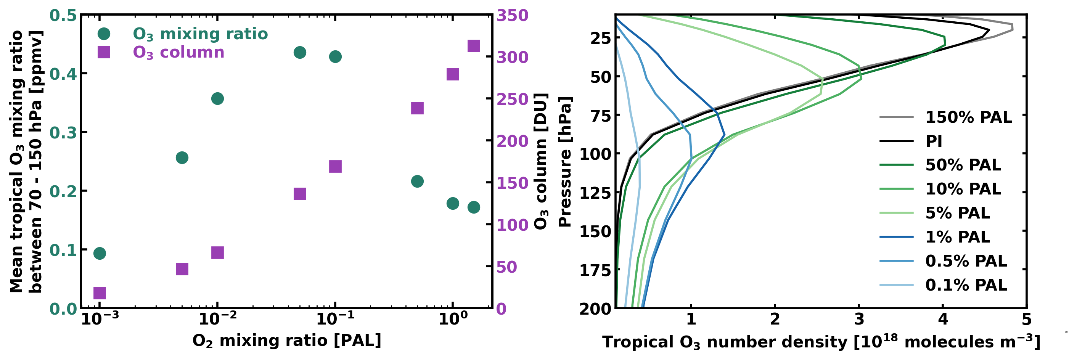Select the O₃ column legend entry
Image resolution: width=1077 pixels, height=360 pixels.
click(178, 52)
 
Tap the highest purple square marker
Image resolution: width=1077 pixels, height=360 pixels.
click(473, 46)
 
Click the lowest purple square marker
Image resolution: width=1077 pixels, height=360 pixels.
click(100, 293)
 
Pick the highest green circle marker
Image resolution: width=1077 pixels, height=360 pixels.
click(300, 53)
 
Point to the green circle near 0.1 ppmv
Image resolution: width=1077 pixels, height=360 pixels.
click(100, 253)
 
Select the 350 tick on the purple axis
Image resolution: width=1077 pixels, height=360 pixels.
click(512, 16)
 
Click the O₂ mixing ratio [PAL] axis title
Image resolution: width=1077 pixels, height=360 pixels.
click(286, 341)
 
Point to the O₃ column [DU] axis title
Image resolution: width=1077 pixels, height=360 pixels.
click(540, 161)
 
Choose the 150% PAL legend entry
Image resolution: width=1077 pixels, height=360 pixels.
click(968, 117)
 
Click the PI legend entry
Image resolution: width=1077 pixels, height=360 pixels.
click(934, 141)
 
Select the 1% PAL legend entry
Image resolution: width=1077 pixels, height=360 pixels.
click(957, 237)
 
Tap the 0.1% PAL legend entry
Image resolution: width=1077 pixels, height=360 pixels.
click(966, 285)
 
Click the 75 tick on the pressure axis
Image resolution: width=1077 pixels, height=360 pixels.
click(600, 116)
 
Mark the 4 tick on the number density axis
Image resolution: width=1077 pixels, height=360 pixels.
click(943, 320)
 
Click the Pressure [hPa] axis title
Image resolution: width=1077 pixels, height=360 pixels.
click(565, 162)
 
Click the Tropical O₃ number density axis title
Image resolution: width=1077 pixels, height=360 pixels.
click(821, 342)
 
